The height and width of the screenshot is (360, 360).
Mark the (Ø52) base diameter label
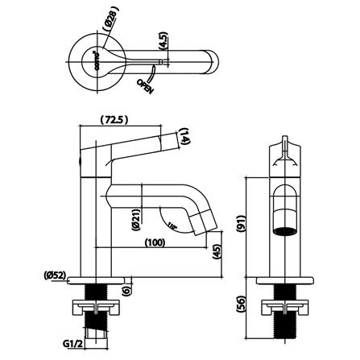pyautogui.click(x=56, y=276)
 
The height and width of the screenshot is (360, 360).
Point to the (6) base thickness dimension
pyautogui.click(x=126, y=291)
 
